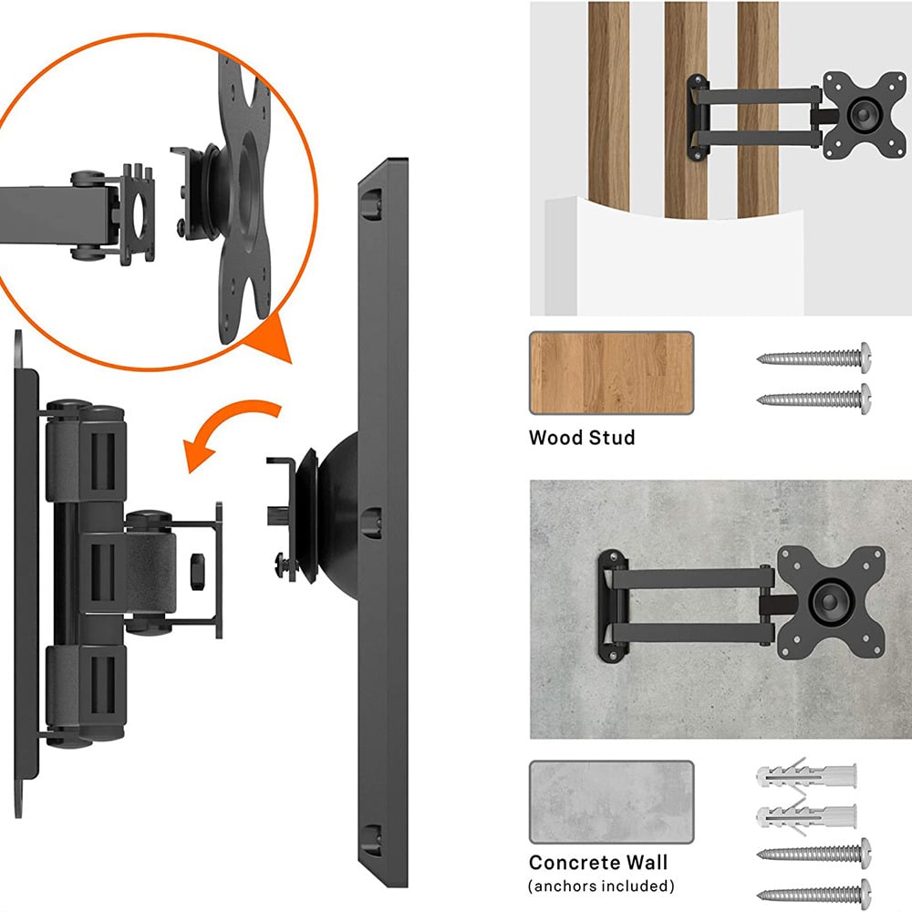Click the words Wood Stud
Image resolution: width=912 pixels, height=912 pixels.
pyautogui.click(x=582, y=438)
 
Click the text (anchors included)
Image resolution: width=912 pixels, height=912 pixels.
pyautogui.click(x=602, y=886)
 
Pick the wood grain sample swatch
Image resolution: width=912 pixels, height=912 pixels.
pyautogui.click(x=611, y=373)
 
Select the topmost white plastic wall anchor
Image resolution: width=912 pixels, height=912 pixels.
pyautogui.click(x=807, y=776)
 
